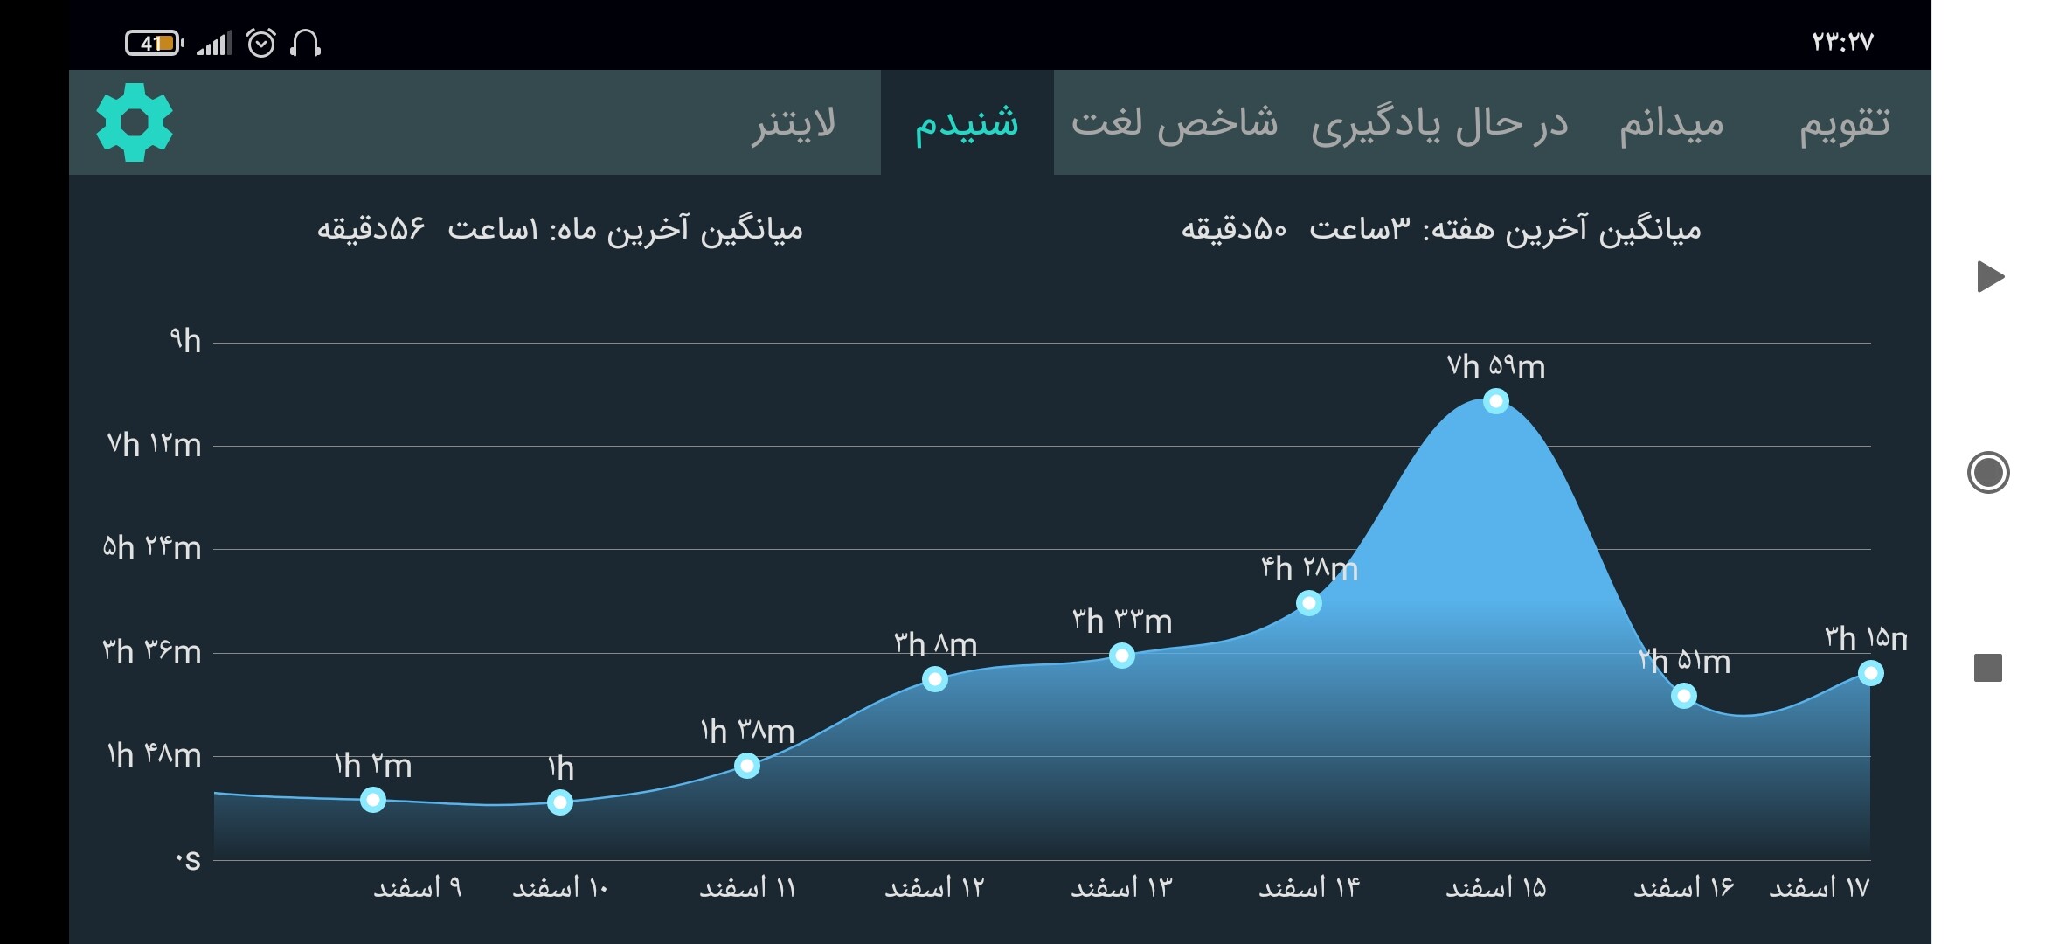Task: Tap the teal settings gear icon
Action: (135, 122)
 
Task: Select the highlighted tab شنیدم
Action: (967, 123)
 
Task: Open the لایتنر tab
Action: (794, 123)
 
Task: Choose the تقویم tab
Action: (1844, 123)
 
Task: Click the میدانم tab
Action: (1671, 123)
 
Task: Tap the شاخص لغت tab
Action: (1175, 123)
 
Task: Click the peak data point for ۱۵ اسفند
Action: (1496, 401)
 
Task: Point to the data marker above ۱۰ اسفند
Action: (560, 802)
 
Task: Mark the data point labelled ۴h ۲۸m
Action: (1308, 603)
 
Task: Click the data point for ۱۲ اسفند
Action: (935, 679)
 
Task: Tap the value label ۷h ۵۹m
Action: (1496, 366)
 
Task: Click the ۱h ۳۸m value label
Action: (747, 731)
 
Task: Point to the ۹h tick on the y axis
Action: (185, 340)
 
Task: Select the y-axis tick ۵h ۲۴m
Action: (152, 548)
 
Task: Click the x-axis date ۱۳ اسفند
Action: (1121, 888)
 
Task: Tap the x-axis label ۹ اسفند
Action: (418, 888)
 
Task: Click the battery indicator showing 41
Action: (155, 43)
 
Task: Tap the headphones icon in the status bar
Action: (305, 43)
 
